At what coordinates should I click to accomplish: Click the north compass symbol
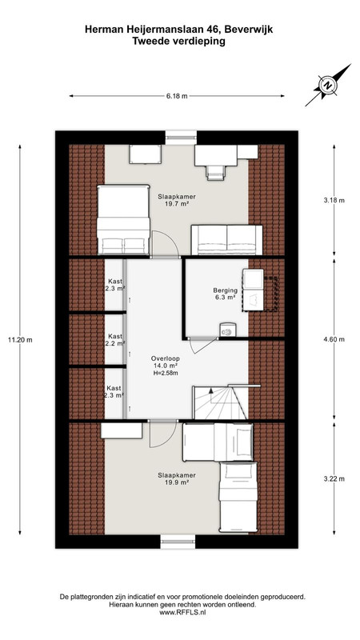[x=327, y=86]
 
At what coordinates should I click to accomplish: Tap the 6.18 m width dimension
[x=177, y=96]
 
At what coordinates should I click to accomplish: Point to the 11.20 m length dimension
[x=19, y=339]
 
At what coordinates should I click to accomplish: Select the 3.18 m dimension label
[x=334, y=201]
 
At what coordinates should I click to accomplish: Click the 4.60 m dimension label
[x=334, y=339]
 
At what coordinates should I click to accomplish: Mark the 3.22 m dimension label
[x=334, y=478]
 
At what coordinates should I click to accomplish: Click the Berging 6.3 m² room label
[x=225, y=294]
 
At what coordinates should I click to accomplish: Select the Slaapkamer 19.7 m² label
[x=174, y=199]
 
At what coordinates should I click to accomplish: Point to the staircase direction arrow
[x=211, y=390]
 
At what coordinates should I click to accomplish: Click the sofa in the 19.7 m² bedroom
[x=226, y=240]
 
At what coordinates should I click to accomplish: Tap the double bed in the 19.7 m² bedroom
[x=123, y=220]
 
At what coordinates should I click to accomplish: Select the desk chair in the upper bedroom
[x=215, y=173]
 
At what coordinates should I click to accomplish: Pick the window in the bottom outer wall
[x=178, y=542]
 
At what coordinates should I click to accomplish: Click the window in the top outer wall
[x=181, y=138]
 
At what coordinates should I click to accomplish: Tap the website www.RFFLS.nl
[x=182, y=612]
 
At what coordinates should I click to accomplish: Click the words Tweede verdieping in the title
[x=178, y=42]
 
